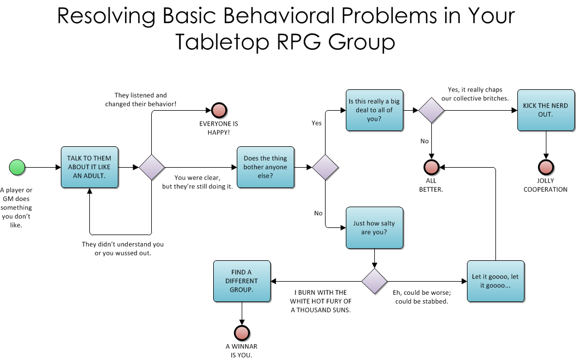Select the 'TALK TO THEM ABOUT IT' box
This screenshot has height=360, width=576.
[89, 167]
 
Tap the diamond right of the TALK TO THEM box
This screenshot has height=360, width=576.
[152, 167]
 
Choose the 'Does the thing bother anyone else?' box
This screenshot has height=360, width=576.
[265, 167]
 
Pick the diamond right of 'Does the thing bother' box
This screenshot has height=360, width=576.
[325, 167]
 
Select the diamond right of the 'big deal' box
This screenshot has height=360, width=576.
[431, 110]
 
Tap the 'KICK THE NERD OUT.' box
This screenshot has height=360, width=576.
[545, 110]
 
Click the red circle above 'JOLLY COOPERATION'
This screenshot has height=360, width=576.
[545, 167]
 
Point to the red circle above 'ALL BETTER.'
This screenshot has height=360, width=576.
[431, 167]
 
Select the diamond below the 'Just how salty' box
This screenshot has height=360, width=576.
[374, 282]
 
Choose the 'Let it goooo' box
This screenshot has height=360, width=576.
[495, 282]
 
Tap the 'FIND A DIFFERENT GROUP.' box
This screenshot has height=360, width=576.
[242, 282]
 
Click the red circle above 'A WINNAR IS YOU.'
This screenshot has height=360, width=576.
[242, 333]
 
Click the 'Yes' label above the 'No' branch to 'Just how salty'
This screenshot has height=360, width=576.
[316, 123]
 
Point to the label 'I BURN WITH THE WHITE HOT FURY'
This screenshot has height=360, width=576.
[321, 301]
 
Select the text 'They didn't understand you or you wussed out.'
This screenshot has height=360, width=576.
[123, 248]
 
